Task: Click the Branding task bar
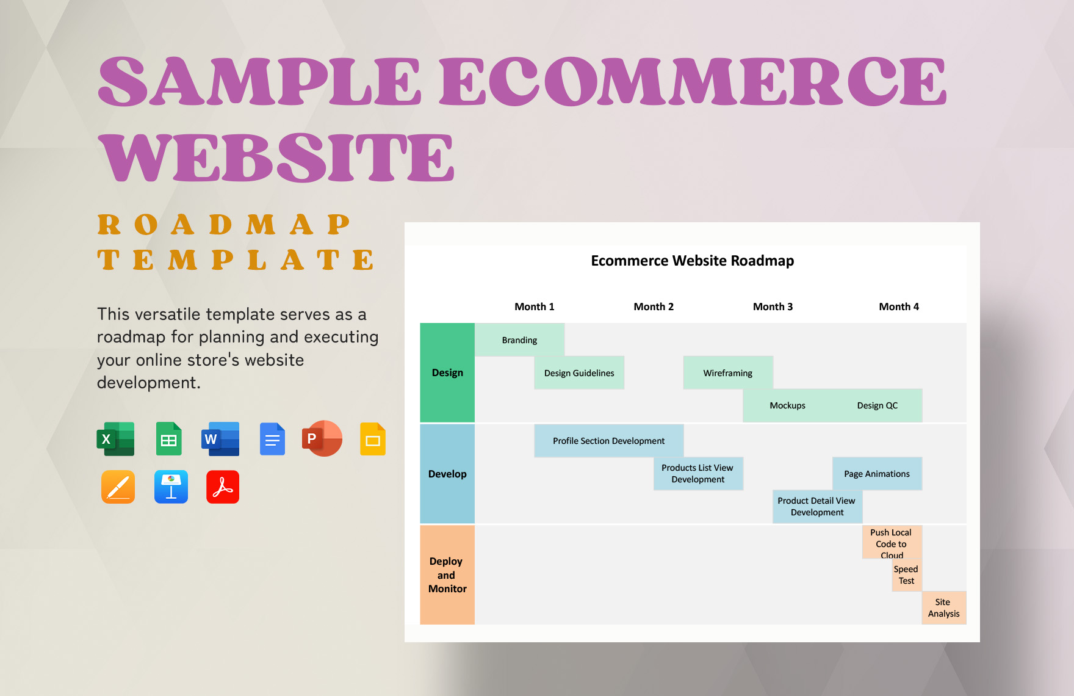click(519, 340)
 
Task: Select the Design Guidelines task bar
click(579, 373)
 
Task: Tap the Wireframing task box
click(727, 373)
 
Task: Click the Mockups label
click(787, 405)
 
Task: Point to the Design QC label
click(877, 405)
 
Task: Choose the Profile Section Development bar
click(608, 441)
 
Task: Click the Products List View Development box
click(697, 474)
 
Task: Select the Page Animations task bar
click(877, 474)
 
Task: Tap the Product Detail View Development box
click(816, 507)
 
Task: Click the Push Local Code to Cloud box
click(891, 543)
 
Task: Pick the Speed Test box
click(906, 575)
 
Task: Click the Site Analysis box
click(943, 608)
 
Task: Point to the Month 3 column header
click(773, 306)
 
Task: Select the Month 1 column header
click(534, 306)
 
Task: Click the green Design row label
click(447, 373)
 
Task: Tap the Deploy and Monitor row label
click(447, 575)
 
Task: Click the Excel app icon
click(116, 439)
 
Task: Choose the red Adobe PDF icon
click(223, 487)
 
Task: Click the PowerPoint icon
click(322, 439)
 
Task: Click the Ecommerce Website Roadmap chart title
click(692, 261)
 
